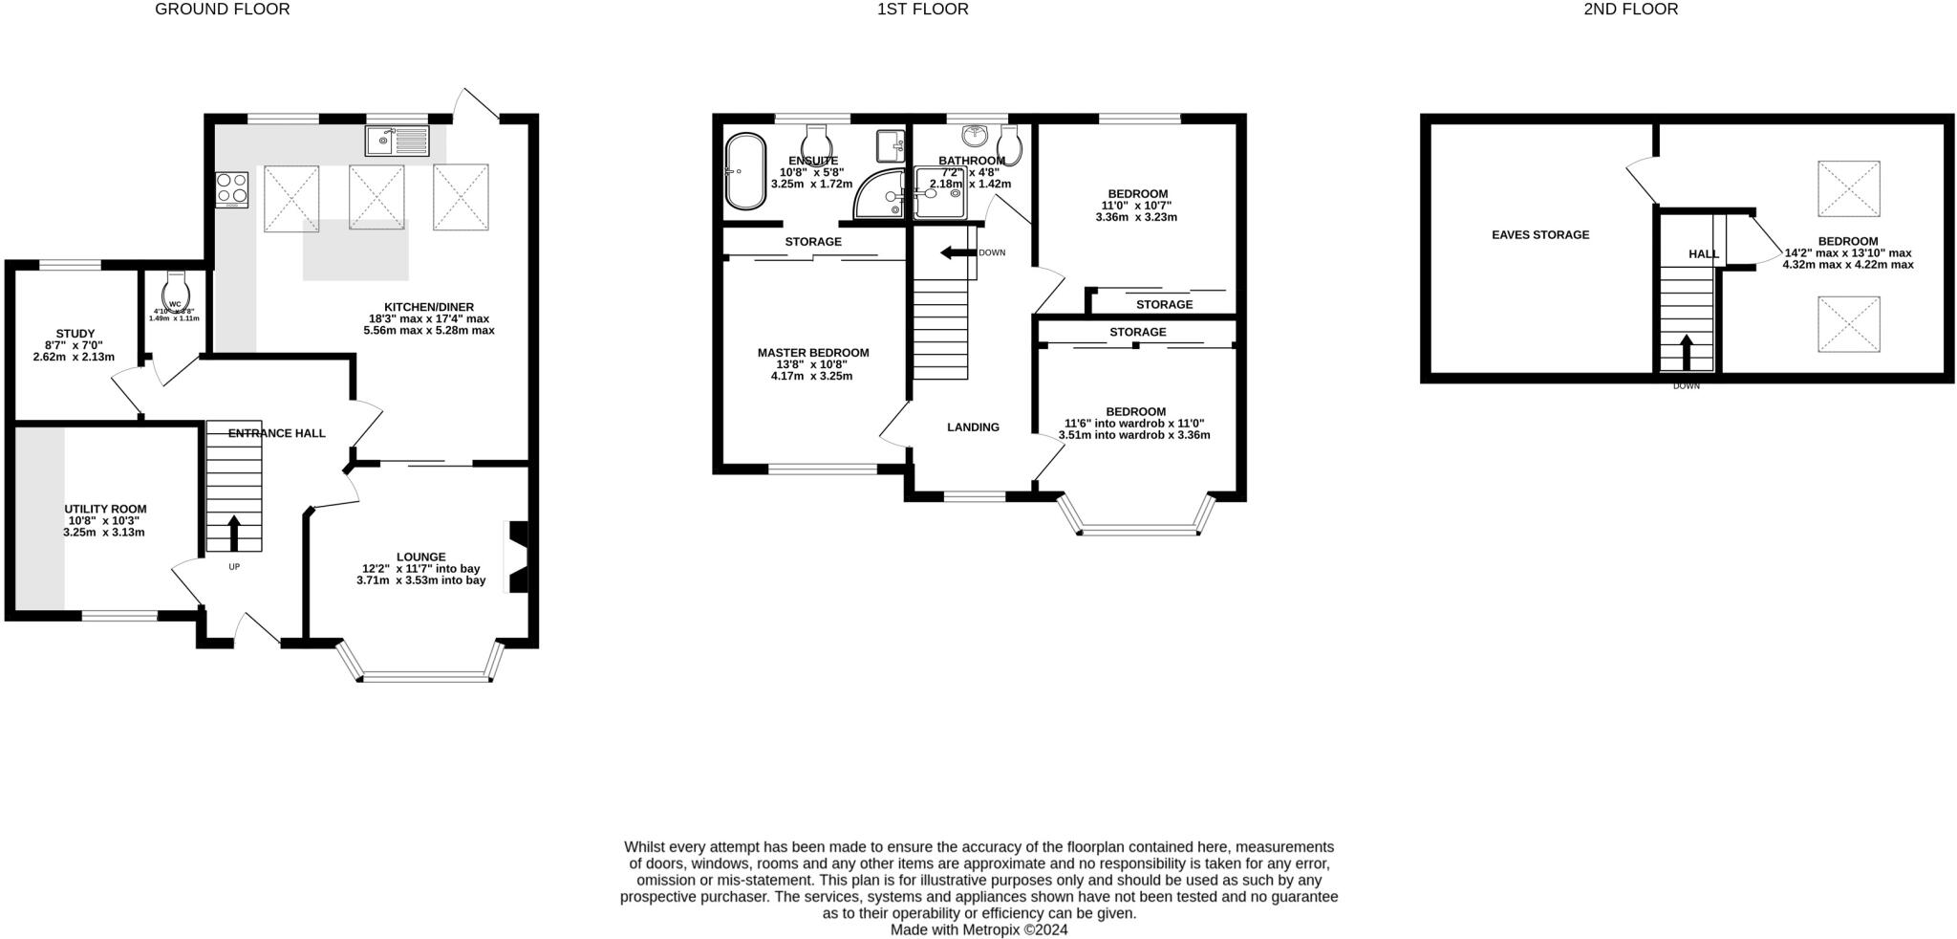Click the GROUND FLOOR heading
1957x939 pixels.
pyautogui.click(x=222, y=10)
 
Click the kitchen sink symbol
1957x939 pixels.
pyautogui.click(x=398, y=141)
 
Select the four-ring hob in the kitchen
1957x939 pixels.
pyautogui.click(x=232, y=188)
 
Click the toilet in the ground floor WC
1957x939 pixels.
pyautogui.click(x=176, y=287)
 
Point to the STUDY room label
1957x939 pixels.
pyautogui.click(x=75, y=334)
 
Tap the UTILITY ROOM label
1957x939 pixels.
pyautogui.click(x=105, y=509)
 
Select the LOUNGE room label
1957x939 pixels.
pyautogui.click(x=421, y=557)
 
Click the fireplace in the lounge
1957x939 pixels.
pyautogui.click(x=517, y=557)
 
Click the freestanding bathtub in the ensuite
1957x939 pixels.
pyautogui.click(x=745, y=171)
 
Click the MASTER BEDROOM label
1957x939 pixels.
pyautogui.click(x=813, y=353)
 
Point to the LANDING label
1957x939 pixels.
pyautogui.click(x=973, y=427)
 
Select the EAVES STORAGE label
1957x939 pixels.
pyautogui.click(x=1540, y=234)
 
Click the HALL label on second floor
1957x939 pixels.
pyautogui.click(x=1703, y=254)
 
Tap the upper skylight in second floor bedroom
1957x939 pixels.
pyautogui.click(x=1848, y=188)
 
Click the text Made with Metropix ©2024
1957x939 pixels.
pyautogui.click(x=978, y=929)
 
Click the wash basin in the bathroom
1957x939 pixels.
pyautogui.click(x=976, y=136)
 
